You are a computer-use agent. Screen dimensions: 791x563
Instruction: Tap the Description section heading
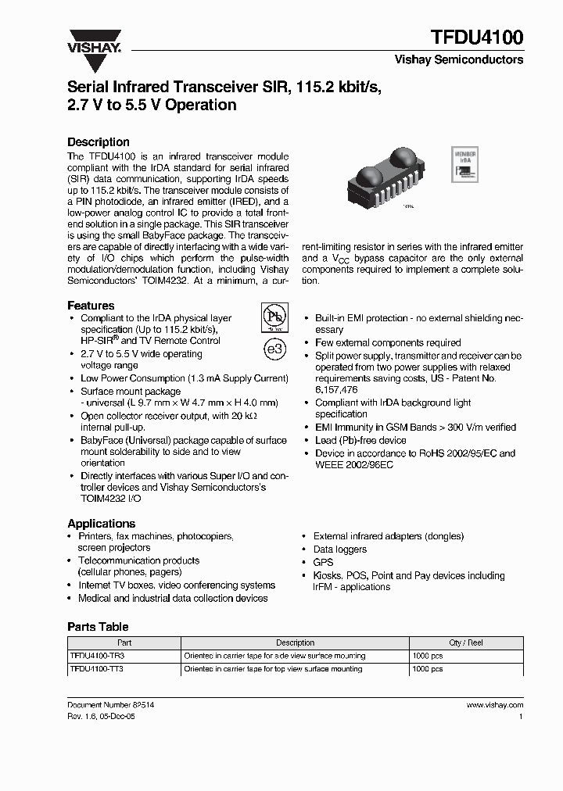(99, 142)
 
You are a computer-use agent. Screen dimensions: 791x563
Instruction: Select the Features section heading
(91, 306)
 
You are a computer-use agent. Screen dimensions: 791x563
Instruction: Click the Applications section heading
(101, 524)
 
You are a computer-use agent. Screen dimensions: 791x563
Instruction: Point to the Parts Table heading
(98, 627)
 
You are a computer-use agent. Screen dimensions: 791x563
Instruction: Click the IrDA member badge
(466, 165)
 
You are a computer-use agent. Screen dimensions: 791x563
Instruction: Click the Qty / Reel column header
(466, 642)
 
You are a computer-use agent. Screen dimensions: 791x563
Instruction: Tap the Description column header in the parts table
(295, 642)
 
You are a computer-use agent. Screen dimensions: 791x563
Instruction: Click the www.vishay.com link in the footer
(494, 704)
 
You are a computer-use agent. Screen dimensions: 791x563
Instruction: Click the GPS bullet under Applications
(323, 562)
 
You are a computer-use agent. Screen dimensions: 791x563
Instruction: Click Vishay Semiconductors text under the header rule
(458, 59)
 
